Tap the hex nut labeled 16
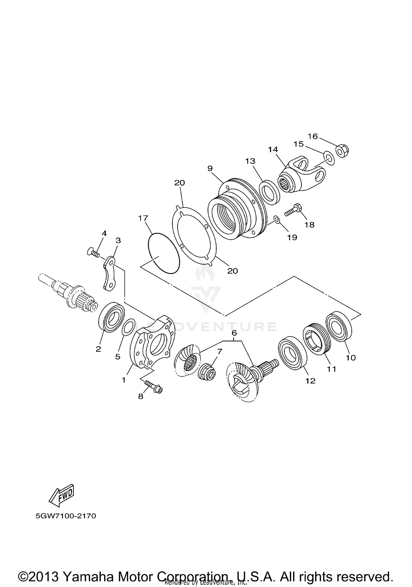click(x=343, y=151)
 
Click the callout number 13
click(x=250, y=161)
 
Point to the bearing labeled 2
click(x=111, y=316)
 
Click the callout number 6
click(x=234, y=333)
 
